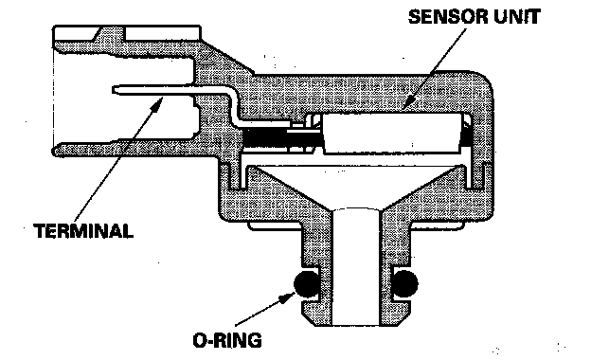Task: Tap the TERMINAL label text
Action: [83, 231]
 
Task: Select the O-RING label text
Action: [227, 340]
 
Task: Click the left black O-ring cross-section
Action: [307, 283]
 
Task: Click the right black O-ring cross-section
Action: [404, 283]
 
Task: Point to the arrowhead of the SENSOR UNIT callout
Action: [408, 102]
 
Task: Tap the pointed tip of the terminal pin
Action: [114, 90]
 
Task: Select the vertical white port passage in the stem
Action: [356, 267]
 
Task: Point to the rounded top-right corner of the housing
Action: [483, 81]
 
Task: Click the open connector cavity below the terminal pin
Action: [124, 117]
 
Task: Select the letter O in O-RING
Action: [199, 340]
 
